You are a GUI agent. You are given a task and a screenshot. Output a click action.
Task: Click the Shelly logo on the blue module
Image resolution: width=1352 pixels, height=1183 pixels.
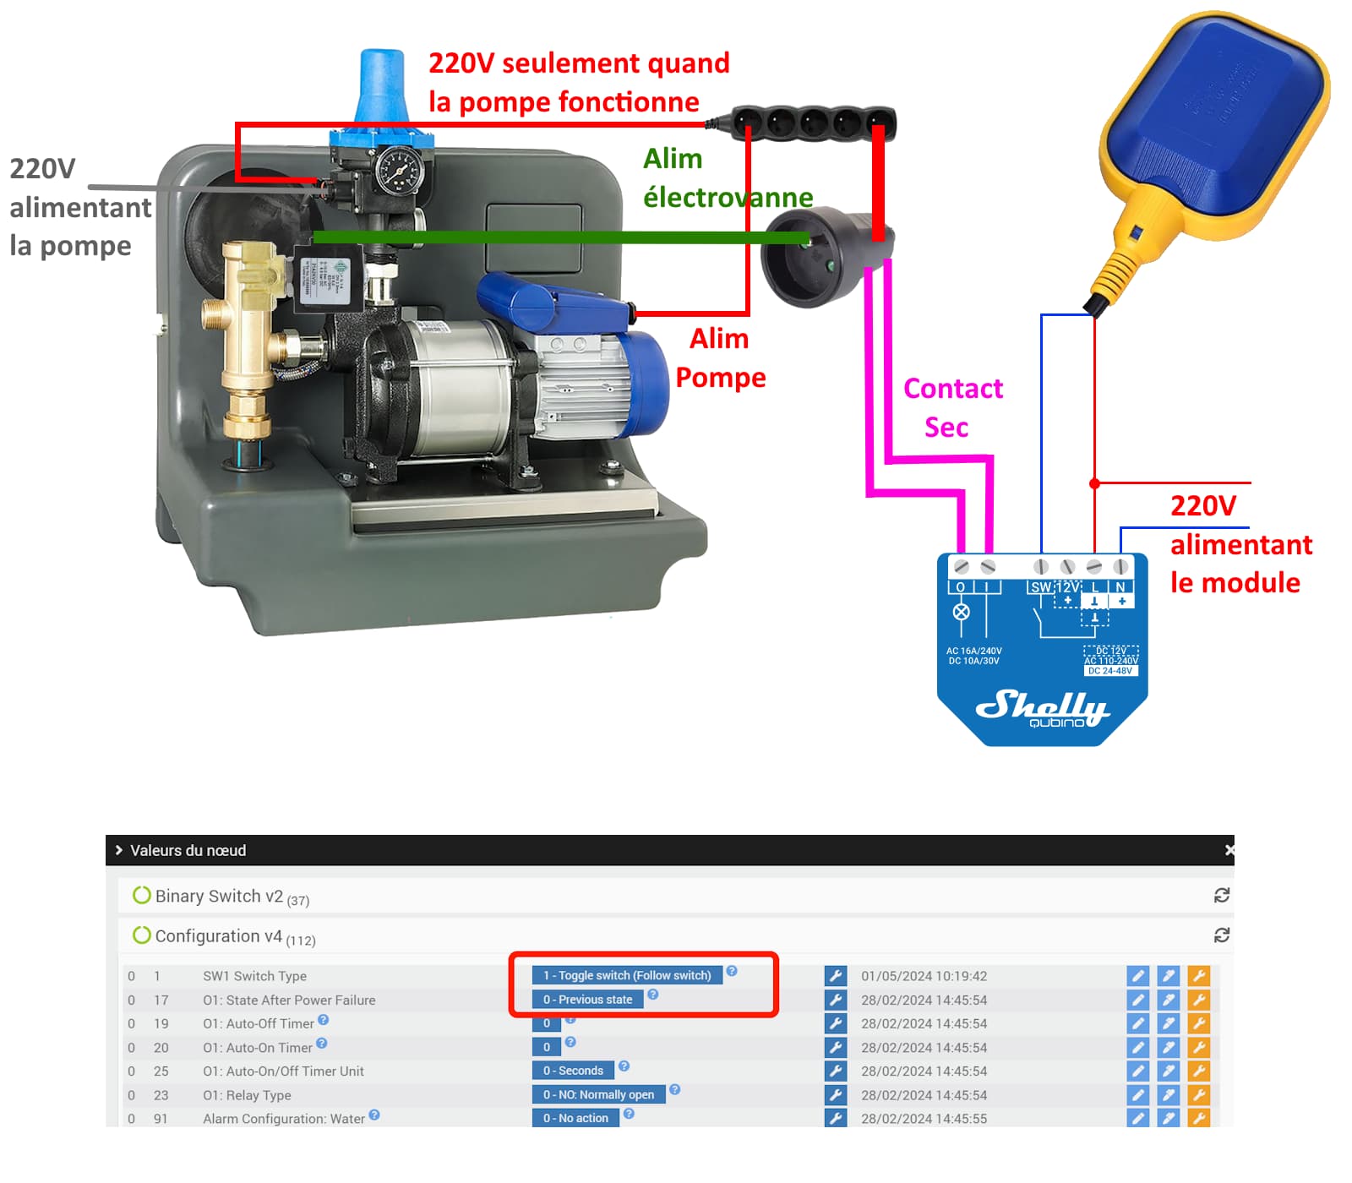(1041, 706)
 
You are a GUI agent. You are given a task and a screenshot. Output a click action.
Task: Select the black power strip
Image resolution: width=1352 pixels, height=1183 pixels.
(811, 123)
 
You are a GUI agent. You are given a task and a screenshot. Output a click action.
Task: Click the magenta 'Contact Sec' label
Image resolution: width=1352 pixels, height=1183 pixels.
(951, 407)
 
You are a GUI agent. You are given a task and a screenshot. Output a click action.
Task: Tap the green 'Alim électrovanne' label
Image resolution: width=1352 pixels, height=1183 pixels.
(727, 177)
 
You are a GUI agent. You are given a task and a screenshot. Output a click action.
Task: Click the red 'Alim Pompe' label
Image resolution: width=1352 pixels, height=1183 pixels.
(720, 357)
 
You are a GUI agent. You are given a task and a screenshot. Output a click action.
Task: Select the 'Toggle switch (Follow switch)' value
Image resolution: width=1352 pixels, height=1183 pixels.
(627, 975)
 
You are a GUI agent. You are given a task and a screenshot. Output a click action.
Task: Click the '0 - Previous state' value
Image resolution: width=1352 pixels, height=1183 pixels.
(587, 1000)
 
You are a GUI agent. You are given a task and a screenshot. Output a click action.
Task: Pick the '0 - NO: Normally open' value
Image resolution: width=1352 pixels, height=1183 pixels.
(598, 1095)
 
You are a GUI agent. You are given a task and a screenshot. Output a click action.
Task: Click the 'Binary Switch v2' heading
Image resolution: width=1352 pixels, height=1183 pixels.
(219, 897)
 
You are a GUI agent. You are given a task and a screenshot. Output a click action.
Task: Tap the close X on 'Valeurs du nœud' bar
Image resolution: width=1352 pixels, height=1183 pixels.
(1229, 850)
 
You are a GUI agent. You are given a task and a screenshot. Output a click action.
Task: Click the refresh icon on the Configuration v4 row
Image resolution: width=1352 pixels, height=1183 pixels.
(1221, 935)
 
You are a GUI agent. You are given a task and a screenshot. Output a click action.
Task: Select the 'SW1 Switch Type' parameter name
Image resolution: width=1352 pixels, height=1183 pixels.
(254, 976)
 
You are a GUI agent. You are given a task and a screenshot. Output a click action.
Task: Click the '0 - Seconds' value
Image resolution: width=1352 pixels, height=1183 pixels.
(573, 1071)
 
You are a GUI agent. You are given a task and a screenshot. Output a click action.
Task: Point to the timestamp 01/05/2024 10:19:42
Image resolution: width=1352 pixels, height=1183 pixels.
(924, 976)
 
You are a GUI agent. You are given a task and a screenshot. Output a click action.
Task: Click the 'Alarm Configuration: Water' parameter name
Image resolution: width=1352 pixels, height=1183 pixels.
(283, 1119)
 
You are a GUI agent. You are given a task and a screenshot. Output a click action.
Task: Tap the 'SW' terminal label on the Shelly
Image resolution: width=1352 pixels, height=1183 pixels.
(1040, 587)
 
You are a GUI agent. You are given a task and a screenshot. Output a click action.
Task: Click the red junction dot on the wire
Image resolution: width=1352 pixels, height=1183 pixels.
(1094, 483)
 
